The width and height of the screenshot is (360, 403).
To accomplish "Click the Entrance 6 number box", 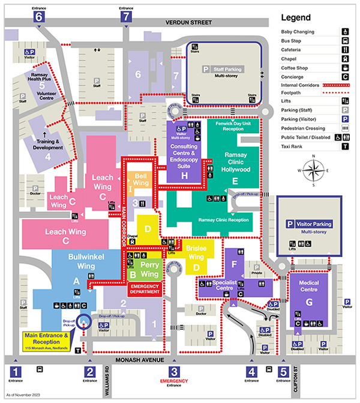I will pos(40,17).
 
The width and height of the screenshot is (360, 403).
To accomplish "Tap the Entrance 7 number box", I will pos(125,17).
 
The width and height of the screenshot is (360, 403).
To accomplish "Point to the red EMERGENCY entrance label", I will pos(173,381).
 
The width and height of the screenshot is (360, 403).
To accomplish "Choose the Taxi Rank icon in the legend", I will pos(346,146).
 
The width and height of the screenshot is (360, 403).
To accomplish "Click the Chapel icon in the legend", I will pos(346,58).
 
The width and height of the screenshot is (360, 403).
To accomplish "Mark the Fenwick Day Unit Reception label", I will pos(236,126).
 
